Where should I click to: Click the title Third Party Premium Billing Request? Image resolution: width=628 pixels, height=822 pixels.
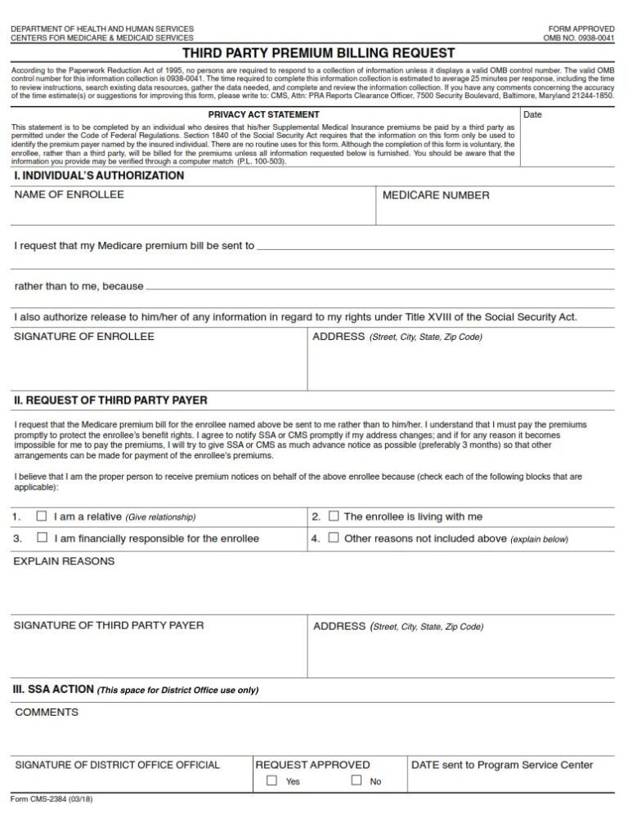click(318, 53)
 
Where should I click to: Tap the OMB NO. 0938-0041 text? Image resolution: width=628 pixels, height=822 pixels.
click(579, 38)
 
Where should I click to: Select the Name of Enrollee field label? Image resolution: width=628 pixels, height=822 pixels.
click(70, 194)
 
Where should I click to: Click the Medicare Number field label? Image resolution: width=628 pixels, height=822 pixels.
click(436, 195)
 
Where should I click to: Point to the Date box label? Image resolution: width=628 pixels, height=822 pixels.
click(532, 114)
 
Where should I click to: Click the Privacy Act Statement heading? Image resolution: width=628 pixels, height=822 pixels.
click(263, 114)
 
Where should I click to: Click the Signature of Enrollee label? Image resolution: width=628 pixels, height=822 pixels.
click(84, 337)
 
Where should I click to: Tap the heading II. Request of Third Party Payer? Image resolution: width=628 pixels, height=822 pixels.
click(110, 400)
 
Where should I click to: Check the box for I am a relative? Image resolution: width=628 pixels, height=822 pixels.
click(42, 516)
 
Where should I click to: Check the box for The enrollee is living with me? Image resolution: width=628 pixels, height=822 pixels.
click(334, 516)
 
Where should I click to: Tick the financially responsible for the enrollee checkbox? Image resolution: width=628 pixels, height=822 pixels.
click(42, 538)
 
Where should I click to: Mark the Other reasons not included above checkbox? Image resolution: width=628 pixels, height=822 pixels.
click(334, 538)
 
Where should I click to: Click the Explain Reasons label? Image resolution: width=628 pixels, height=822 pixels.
click(65, 561)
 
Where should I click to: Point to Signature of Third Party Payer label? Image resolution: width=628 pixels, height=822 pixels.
click(110, 625)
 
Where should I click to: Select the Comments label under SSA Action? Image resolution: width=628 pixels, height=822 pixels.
click(47, 712)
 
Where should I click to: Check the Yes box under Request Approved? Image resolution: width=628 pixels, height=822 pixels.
click(271, 780)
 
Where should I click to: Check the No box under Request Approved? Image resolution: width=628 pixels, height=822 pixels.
click(357, 780)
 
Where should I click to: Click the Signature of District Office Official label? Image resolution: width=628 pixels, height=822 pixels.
click(118, 765)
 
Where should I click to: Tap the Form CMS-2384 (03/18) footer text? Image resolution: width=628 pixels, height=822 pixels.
click(52, 799)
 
